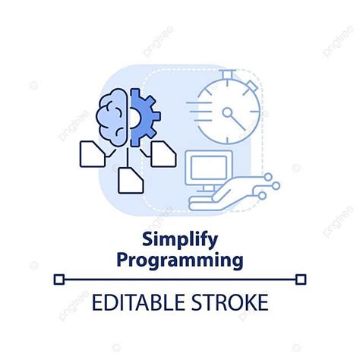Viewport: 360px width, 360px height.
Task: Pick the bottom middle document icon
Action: [x=130, y=177]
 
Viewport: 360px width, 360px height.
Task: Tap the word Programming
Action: [x=179, y=260]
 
